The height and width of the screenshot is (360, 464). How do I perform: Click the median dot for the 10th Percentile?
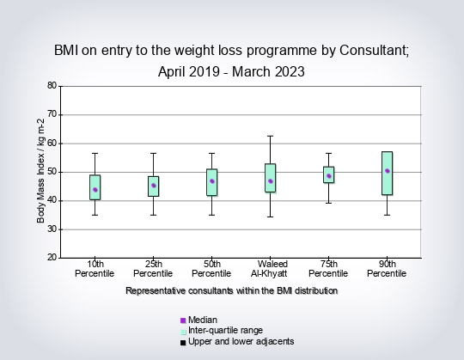click(95, 190)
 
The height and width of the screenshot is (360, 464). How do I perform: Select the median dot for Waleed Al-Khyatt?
click(270, 181)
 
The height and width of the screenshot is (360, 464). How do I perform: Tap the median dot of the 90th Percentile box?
click(387, 171)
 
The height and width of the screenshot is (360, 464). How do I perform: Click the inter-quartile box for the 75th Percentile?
click(328, 174)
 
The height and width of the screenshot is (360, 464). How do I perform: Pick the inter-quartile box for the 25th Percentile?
click(153, 186)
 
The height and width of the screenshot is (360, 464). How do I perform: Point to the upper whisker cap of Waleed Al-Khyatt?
click(270, 136)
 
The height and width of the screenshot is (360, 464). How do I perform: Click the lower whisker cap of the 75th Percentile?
click(328, 204)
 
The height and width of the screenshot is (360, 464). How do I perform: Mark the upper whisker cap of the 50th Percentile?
click(212, 153)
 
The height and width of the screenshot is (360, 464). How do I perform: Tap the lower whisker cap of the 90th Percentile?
click(387, 215)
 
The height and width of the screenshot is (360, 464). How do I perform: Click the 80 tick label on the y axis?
click(52, 85)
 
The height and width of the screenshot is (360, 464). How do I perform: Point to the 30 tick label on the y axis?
click(52, 229)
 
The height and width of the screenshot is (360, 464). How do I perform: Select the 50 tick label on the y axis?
click(52, 172)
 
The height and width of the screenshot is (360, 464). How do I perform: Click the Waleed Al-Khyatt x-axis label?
click(270, 269)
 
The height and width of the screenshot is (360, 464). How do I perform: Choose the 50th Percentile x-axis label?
click(211, 269)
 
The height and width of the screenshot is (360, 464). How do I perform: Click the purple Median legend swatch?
click(183, 320)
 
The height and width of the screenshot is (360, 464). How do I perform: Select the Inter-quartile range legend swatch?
click(183, 332)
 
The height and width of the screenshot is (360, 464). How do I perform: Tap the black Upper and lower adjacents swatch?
click(183, 343)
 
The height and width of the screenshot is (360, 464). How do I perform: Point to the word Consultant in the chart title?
click(374, 51)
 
